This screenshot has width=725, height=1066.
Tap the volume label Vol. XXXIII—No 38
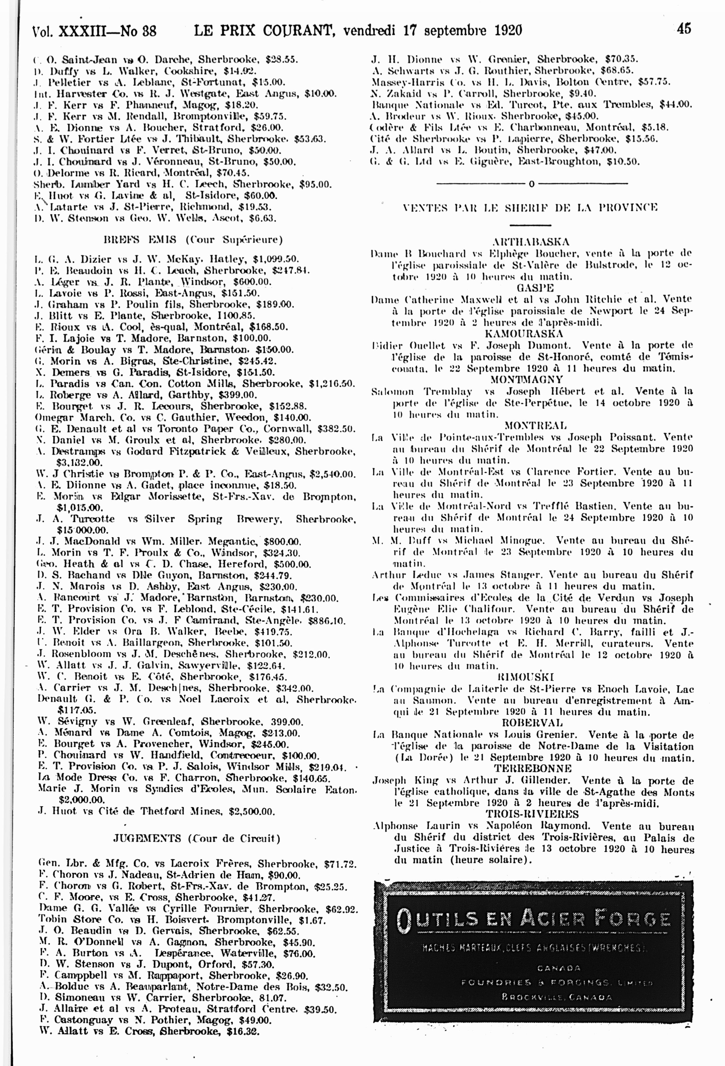94,31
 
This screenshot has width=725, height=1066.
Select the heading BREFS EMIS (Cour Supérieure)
193,239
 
